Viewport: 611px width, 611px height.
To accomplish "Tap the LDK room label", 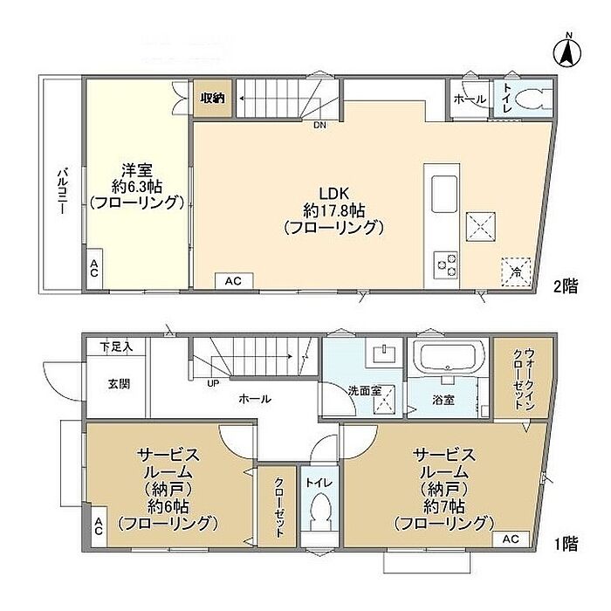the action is click(333, 193).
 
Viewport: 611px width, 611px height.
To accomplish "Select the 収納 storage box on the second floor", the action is click(213, 98).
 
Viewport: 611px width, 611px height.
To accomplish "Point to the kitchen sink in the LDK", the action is click(444, 194).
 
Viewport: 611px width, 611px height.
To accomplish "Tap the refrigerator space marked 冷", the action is click(517, 272).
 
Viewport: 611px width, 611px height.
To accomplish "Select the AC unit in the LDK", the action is click(234, 280).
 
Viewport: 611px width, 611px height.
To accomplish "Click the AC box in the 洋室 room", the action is click(94, 269).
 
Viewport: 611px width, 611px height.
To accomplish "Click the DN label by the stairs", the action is click(320, 126).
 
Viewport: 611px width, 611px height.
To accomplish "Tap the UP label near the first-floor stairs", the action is click(213, 383).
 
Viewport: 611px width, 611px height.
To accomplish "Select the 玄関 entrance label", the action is click(119, 385).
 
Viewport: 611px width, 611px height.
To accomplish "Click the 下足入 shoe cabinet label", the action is click(116, 347).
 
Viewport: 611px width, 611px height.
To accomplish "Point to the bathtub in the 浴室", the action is click(449, 356).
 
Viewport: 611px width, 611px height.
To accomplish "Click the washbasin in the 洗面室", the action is click(384, 354).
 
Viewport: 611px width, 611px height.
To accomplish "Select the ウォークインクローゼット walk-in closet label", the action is click(524, 379).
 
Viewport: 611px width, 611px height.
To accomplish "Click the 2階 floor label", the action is click(566, 286).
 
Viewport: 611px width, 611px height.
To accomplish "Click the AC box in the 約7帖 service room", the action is click(511, 539).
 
